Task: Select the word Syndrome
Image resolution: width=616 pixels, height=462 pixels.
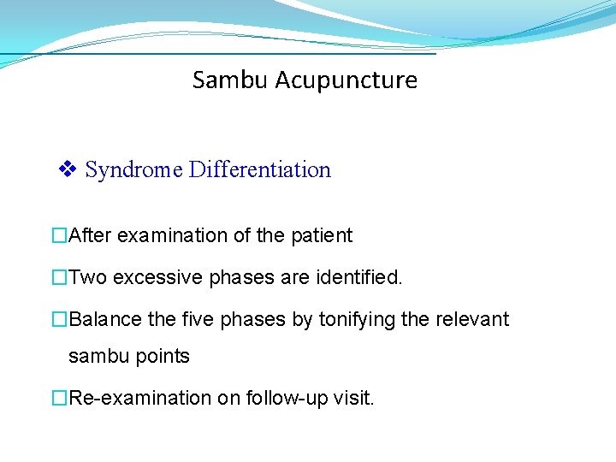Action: (134, 170)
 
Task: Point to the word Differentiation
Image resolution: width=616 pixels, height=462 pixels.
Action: (259, 170)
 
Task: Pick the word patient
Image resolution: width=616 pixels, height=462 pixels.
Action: (321, 235)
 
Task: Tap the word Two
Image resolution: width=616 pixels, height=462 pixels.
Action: (88, 278)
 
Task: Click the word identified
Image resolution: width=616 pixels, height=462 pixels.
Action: (360, 278)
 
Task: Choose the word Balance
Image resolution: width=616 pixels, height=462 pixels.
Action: (105, 320)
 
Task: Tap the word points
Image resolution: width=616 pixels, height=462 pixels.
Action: (162, 356)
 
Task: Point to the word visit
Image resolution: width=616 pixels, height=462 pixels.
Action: (352, 398)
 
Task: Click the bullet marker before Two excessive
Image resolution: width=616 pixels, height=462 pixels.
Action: (59, 278)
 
